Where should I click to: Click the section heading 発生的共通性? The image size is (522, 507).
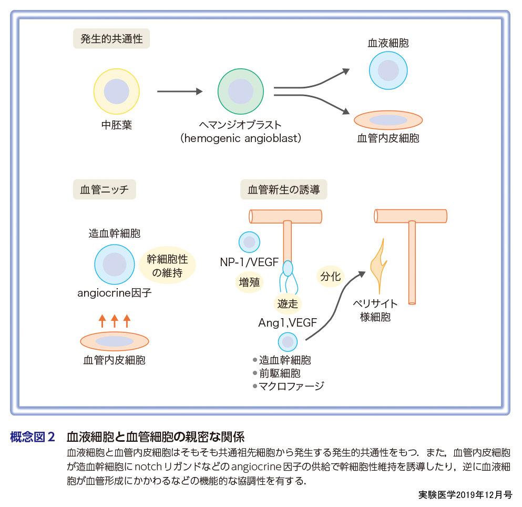click(111, 39)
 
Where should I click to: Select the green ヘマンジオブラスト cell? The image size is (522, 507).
click(240, 91)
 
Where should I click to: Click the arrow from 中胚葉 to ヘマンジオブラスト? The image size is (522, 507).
click(179, 92)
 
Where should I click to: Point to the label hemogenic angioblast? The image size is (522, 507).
click(240, 138)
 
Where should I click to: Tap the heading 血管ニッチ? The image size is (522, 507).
click(104, 189)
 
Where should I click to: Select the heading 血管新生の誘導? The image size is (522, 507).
click(283, 189)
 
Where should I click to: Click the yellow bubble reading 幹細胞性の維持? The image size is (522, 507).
click(167, 266)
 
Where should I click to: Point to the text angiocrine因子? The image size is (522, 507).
click(114, 293)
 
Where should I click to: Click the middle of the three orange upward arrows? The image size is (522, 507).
click(114, 321)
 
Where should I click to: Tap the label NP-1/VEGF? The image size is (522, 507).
click(249, 261)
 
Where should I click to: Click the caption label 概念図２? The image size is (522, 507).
click(33, 437)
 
